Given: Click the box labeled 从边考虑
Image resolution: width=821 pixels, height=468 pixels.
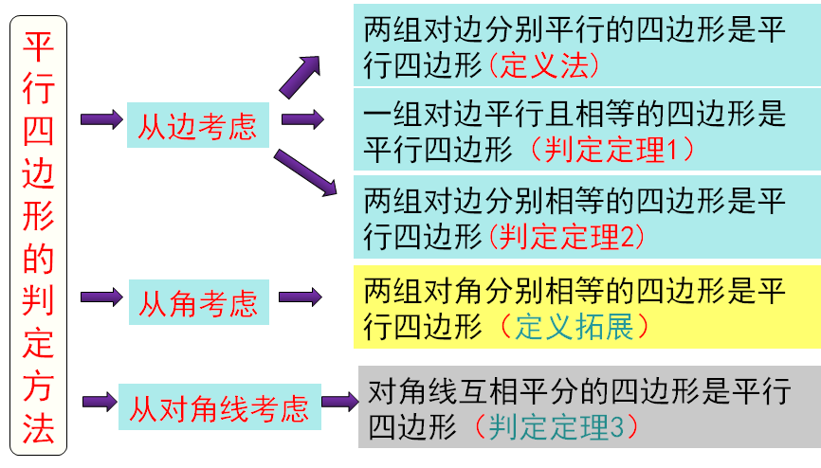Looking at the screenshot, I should (x=198, y=125).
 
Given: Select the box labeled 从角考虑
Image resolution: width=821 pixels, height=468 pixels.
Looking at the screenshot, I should (x=198, y=302).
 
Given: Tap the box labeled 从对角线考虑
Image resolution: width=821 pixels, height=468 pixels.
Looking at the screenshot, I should (x=220, y=408).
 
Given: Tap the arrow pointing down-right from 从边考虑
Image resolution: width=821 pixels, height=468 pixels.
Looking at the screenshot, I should (x=305, y=171).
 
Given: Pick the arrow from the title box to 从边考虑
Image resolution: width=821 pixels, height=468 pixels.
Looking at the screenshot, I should (x=101, y=120).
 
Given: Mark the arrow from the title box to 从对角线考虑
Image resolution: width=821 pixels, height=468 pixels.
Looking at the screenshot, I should (x=100, y=403).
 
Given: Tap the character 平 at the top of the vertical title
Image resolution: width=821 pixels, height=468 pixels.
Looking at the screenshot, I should (x=38, y=45).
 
